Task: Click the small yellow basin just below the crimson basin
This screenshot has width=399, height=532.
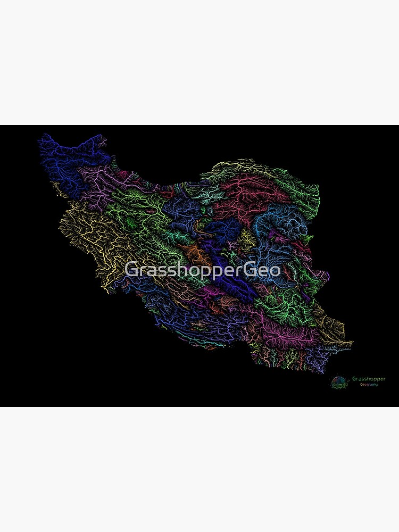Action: (x=245, y=237)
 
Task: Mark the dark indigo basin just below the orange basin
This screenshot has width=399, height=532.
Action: (x=223, y=266)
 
